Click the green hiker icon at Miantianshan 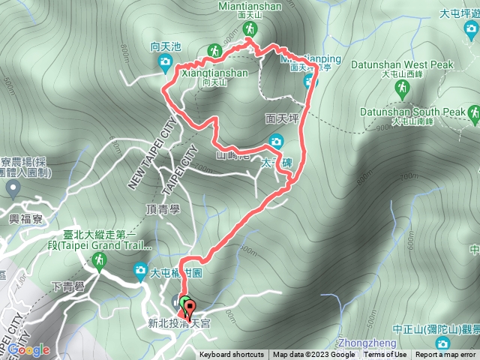(250, 29)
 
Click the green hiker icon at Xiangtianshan (214, 51)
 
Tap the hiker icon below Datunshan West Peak (405, 88)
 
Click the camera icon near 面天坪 (276, 141)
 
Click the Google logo (28, 349)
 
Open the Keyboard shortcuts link (231, 355)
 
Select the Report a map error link (445, 355)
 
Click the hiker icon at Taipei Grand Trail (98, 260)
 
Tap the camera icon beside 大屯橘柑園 (140, 271)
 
